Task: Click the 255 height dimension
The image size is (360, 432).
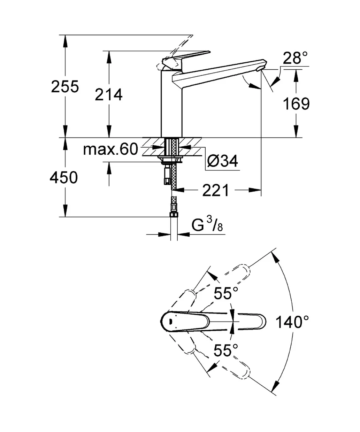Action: (x=65, y=86)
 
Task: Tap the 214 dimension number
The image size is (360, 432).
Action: (x=108, y=95)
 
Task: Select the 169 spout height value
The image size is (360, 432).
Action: (x=296, y=104)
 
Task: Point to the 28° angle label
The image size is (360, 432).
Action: (x=295, y=58)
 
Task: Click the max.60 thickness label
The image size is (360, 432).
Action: (x=110, y=149)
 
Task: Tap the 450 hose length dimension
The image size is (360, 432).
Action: (x=63, y=178)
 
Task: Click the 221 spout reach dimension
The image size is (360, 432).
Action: (x=215, y=190)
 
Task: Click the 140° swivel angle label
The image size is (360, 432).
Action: (x=292, y=322)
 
